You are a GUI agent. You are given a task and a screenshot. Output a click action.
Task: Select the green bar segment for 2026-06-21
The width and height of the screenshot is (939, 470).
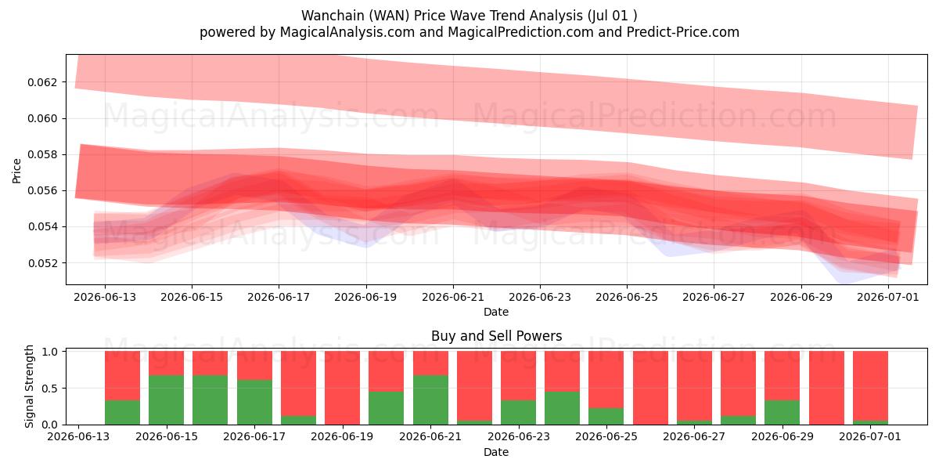[430, 399]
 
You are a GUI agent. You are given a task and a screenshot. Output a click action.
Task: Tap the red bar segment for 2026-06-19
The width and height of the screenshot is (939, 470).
[342, 388]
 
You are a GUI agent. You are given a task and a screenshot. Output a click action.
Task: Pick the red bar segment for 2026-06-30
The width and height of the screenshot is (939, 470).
[826, 388]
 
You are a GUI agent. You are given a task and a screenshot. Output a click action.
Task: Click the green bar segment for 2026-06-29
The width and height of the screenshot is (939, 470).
[782, 413]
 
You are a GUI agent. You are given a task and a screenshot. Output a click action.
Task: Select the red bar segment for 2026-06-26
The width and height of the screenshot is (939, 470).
[650, 388]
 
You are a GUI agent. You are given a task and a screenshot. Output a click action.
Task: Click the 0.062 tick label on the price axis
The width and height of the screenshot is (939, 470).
[42, 82]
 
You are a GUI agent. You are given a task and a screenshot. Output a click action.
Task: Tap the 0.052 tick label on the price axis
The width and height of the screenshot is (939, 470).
[42, 263]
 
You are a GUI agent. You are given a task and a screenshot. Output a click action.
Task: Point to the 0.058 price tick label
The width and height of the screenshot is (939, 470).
[42, 154]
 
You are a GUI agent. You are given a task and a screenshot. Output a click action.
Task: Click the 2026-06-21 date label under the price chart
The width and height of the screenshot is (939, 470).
[453, 297]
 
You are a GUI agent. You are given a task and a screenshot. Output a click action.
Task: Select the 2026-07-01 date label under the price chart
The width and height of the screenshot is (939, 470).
[888, 297]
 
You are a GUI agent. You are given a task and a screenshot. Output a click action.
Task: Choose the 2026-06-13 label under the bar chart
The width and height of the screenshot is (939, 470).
[78, 436]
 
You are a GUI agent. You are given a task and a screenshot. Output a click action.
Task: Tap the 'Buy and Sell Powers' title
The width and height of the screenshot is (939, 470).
[496, 336]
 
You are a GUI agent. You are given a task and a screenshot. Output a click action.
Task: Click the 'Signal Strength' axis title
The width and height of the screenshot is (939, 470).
[29, 386]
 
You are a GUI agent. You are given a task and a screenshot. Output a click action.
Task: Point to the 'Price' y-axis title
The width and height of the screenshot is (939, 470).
[16, 171]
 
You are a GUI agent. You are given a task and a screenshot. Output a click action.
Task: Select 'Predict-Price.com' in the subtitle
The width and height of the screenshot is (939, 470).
[683, 32]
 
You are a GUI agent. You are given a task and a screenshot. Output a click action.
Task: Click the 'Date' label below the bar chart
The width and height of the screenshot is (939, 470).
[496, 452]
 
